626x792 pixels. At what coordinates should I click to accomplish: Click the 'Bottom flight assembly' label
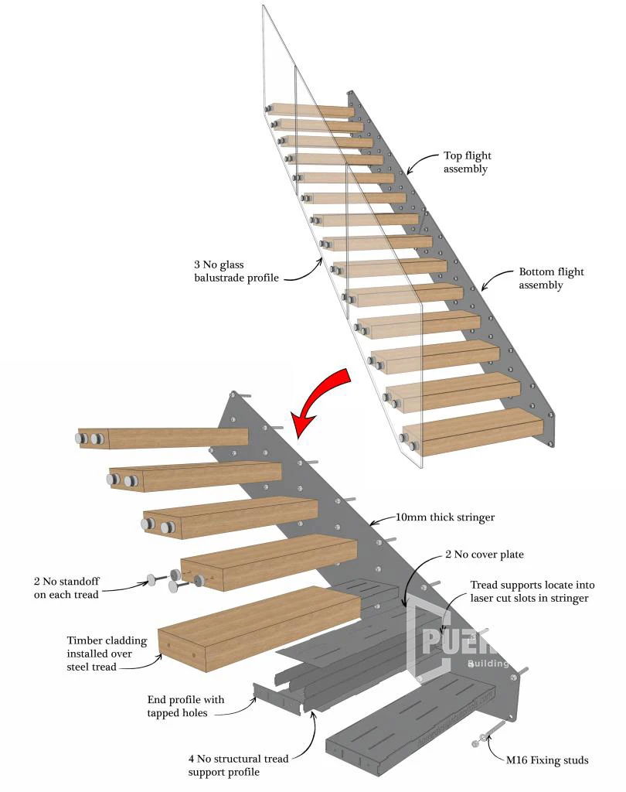[x=551, y=278]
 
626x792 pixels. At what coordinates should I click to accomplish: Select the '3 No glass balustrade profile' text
[x=236, y=271]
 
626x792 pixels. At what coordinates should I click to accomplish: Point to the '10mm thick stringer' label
[x=445, y=517]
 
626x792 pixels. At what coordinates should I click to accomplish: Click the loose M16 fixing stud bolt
[x=490, y=735]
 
